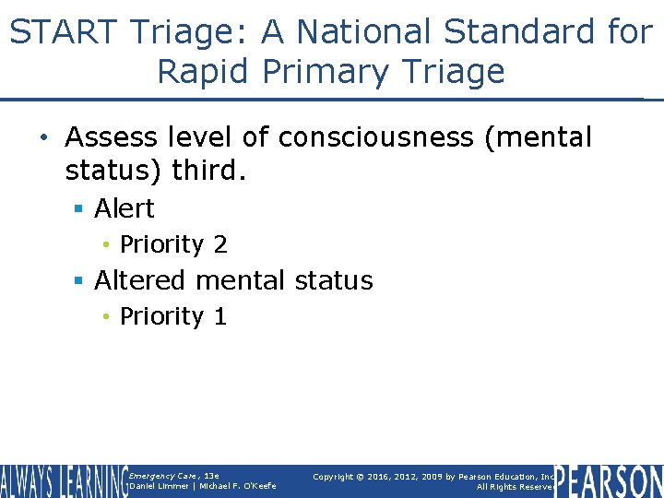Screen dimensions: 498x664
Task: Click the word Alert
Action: (125, 208)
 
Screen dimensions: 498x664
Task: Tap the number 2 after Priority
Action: (219, 244)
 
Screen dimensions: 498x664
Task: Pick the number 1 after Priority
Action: (219, 316)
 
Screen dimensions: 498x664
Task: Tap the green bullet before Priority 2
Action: (107, 245)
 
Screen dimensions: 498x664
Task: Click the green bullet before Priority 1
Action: (107, 317)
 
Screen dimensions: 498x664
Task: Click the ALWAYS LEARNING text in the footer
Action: (63, 481)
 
